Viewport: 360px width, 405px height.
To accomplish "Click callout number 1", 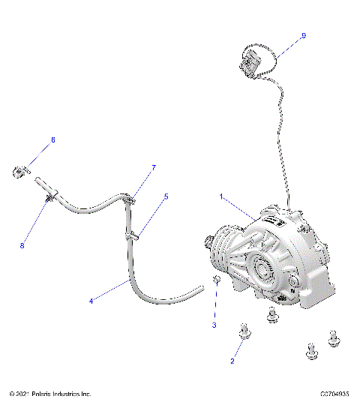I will click(x=221, y=196).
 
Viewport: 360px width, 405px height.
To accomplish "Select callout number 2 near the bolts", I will click(x=232, y=361).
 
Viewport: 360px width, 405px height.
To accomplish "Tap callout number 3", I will click(x=213, y=325).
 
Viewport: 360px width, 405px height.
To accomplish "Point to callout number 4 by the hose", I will click(x=91, y=301).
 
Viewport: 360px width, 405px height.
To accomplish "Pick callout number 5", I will click(x=166, y=196).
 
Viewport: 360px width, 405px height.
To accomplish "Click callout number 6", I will click(x=52, y=140).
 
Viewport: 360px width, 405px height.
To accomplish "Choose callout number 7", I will click(x=154, y=167).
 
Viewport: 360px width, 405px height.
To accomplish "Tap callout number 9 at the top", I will click(x=303, y=35).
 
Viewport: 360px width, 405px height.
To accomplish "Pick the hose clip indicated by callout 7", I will click(x=129, y=199).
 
